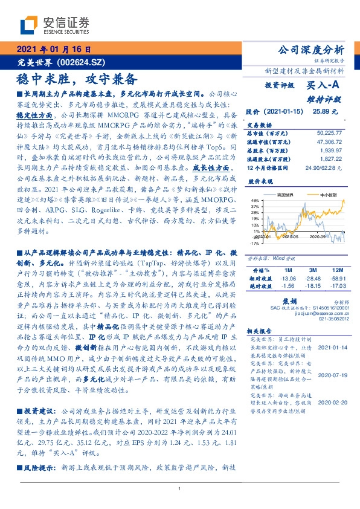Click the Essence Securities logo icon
31,25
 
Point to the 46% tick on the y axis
255,200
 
